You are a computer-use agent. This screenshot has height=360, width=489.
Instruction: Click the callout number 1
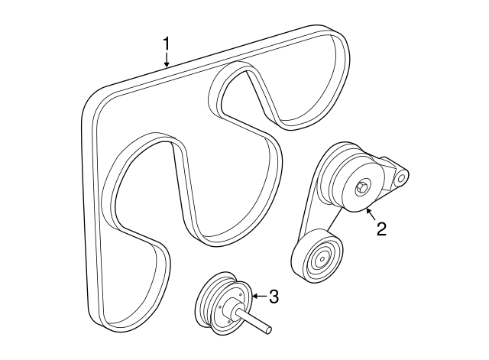pyautogui.click(x=167, y=44)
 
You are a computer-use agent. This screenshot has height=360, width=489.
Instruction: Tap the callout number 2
pyautogui.click(x=381, y=229)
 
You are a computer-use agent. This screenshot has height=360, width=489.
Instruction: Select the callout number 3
pyautogui.click(x=274, y=297)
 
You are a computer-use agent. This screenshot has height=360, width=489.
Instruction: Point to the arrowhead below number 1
pyautogui.click(x=167, y=64)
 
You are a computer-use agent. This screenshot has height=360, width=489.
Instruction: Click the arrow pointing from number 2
pyautogui.click(x=371, y=214)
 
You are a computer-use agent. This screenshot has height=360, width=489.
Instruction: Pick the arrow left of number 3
pyautogui.click(x=259, y=296)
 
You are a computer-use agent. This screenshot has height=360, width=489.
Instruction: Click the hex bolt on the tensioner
pyautogui.click(x=361, y=188)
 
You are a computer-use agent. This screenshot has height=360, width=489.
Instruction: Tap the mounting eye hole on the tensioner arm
pyautogui.click(x=400, y=179)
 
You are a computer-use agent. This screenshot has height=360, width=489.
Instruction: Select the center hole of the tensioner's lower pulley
pyautogui.click(x=322, y=258)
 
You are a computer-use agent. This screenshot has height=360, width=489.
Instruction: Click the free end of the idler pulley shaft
pyautogui.click(x=268, y=330)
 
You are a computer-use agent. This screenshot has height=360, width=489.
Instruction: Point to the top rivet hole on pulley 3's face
pyautogui.click(x=241, y=294)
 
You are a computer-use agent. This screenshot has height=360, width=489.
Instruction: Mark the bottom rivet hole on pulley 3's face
pyautogui.click(x=229, y=321)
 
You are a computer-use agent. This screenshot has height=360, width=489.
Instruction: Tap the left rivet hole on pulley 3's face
pyautogui.click(x=220, y=307)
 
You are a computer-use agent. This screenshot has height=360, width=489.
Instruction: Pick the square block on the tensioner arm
pyautogui.click(x=387, y=174)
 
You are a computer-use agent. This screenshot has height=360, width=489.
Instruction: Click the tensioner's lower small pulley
pyautogui.click(x=316, y=256)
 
